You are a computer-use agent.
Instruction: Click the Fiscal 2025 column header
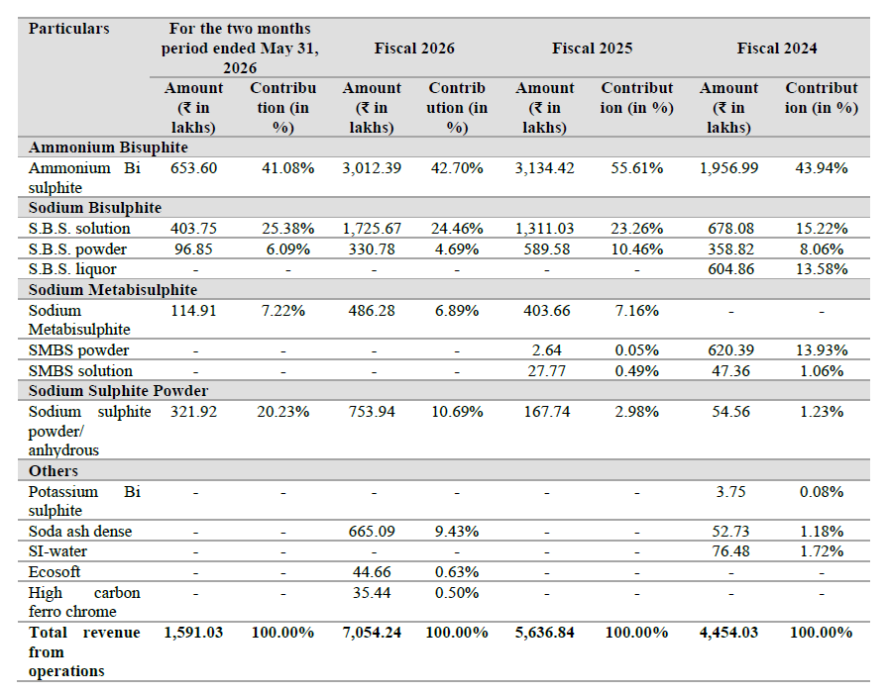tap(592, 49)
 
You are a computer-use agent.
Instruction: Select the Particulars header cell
tap(68, 29)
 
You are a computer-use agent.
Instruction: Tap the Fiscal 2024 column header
tap(776, 49)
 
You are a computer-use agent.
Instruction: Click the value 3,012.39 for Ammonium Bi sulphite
tap(372, 168)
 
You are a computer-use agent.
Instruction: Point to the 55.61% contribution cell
tap(636, 168)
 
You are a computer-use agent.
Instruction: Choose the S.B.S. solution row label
tap(79, 229)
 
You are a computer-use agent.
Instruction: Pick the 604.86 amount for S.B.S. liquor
tap(730, 269)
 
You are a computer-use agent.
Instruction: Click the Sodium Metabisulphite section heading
tap(113, 290)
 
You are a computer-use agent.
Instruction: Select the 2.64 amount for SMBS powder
tap(546, 350)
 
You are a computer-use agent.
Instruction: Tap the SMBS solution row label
tap(80, 371)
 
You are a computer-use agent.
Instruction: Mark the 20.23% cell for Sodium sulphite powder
tap(283, 411)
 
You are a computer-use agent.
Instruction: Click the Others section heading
tap(54, 470)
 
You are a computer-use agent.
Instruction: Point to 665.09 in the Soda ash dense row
tap(372, 531)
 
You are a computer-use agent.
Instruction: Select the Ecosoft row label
tap(55, 572)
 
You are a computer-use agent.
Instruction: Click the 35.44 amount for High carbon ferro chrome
tap(372, 593)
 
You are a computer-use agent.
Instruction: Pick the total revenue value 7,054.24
tap(372, 633)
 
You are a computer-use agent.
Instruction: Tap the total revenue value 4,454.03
tap(728, 633)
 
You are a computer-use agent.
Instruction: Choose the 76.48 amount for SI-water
tap(730, 550)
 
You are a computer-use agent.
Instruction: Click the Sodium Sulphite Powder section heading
tap(118, 391)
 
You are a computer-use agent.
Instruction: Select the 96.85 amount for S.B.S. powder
tap(193, 248)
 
